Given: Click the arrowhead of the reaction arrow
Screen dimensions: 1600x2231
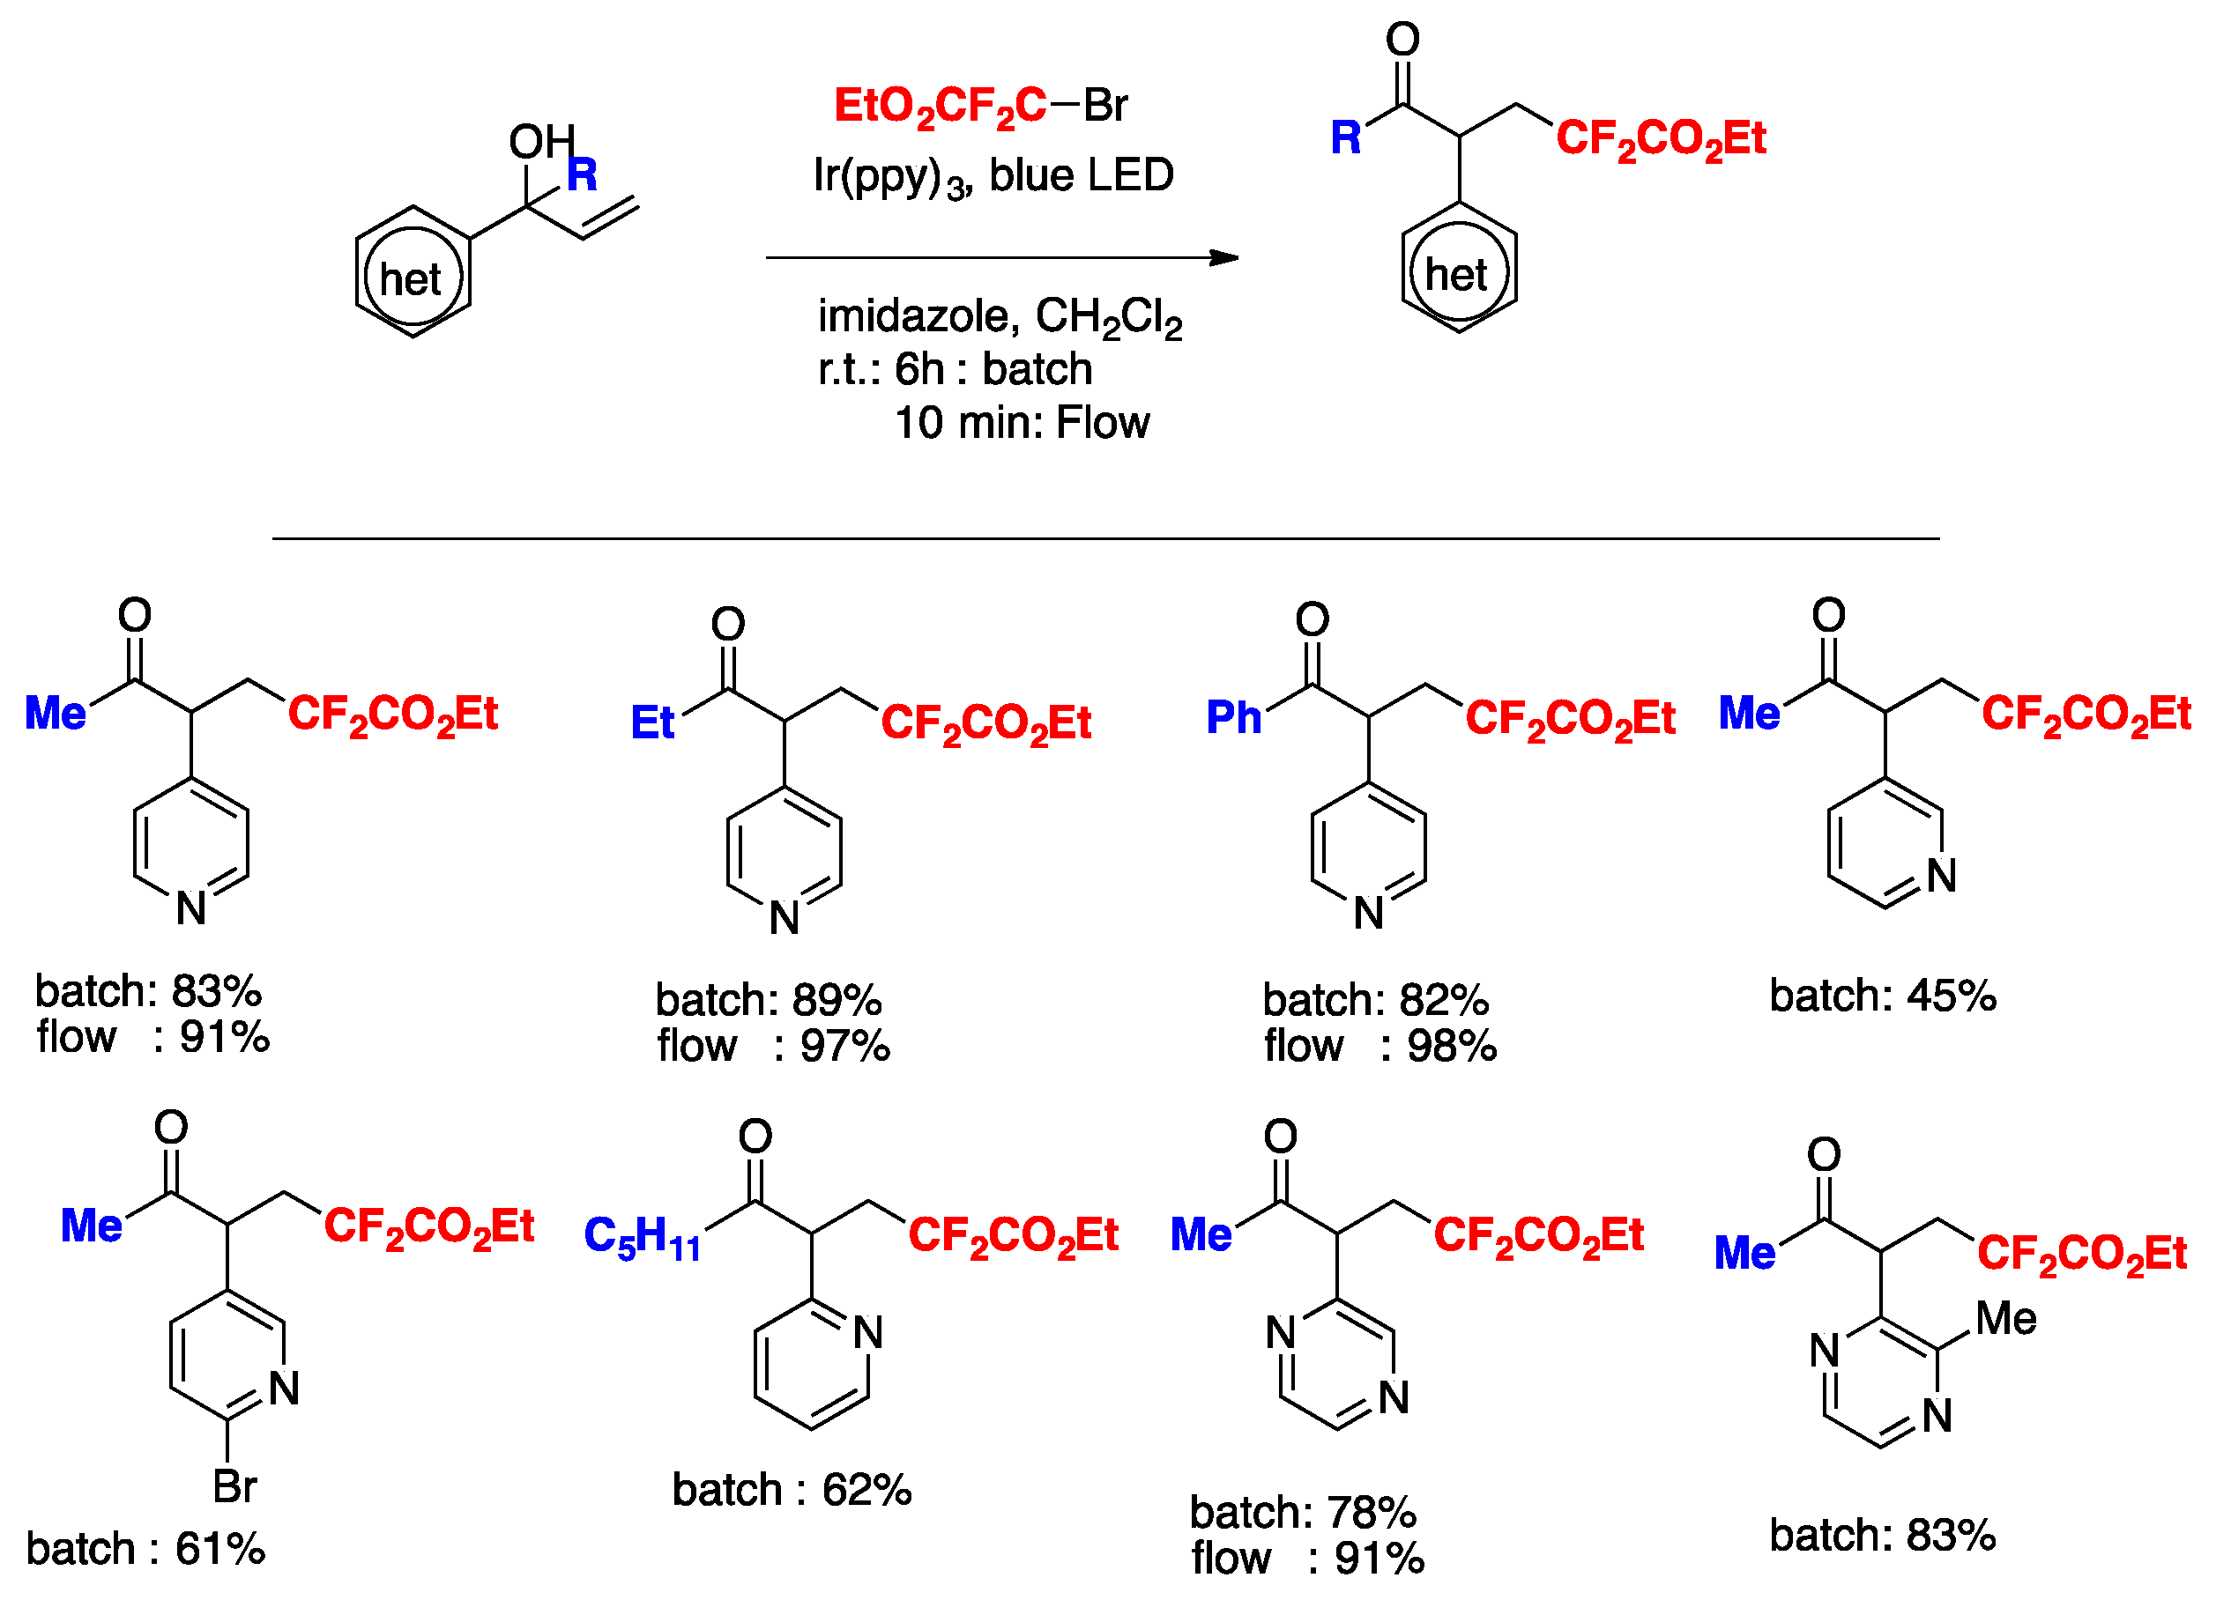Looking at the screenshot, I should [1223, 257].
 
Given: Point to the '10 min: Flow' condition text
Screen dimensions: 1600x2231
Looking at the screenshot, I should [1021, 423].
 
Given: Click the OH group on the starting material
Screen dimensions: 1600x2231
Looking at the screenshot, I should [541, 143].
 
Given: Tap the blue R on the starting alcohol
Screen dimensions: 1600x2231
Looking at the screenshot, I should [583, 175].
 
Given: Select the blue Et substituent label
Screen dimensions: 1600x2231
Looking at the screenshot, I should [652, 722].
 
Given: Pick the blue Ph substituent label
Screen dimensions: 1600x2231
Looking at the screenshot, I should [1233, 718].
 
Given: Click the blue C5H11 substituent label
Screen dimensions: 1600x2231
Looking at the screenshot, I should [643, 1236].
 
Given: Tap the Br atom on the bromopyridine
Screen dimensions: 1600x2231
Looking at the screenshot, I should [235, 1487].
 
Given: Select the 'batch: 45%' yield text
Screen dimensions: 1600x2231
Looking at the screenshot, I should [1883, 996].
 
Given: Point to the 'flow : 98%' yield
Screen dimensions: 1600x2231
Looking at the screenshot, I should [1380, 1047].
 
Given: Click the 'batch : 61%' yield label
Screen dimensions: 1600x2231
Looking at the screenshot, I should [145, 1550].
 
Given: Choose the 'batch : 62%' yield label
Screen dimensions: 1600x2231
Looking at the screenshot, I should [792, 1491].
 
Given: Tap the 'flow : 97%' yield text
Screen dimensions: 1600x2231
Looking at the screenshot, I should [773, 1047].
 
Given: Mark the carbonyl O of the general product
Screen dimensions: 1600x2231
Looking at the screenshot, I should [1402, 40].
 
